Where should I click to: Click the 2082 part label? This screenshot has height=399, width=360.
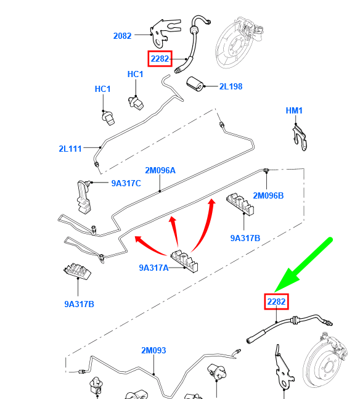122,36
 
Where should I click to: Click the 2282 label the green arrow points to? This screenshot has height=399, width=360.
276,302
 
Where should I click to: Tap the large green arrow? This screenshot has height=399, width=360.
303,265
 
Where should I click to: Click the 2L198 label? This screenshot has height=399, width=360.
231,86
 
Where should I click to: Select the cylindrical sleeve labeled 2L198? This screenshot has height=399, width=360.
195,84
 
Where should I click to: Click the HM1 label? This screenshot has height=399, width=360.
294,110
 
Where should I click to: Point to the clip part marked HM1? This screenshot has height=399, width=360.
300,138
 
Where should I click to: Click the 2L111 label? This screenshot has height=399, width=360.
70,149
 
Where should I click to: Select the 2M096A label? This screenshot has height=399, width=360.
160,170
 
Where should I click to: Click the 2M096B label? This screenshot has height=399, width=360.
268,195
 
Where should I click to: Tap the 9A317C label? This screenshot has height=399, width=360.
126,183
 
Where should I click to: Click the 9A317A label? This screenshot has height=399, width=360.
153,268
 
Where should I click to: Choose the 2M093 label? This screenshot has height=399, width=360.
153,350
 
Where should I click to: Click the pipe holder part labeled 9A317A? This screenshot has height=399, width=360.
184,261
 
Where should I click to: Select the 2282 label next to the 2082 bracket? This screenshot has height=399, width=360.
160,59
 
